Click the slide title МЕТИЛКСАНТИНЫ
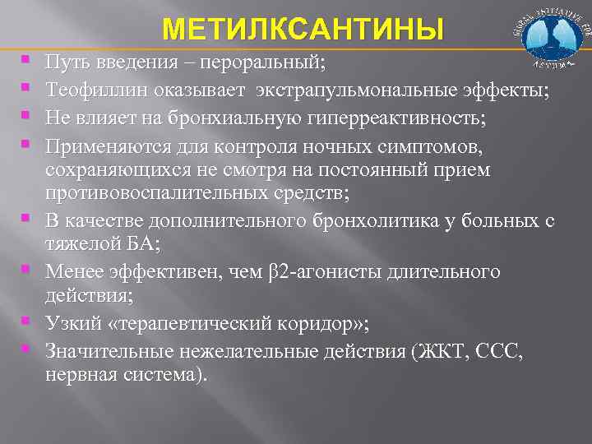tap(303, 30)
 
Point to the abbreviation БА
tap(146, 244)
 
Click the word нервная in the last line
tap(80, 374)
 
